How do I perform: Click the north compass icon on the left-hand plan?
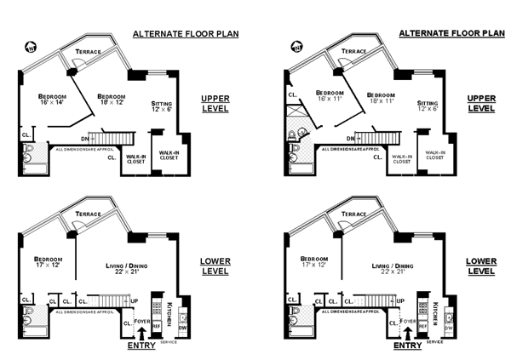[32, 48]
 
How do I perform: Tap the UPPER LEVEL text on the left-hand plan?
[215, 104]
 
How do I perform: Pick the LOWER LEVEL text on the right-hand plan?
[481, 266]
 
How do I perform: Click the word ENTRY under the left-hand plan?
[141, 346]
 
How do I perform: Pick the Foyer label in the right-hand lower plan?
[408, 322]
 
